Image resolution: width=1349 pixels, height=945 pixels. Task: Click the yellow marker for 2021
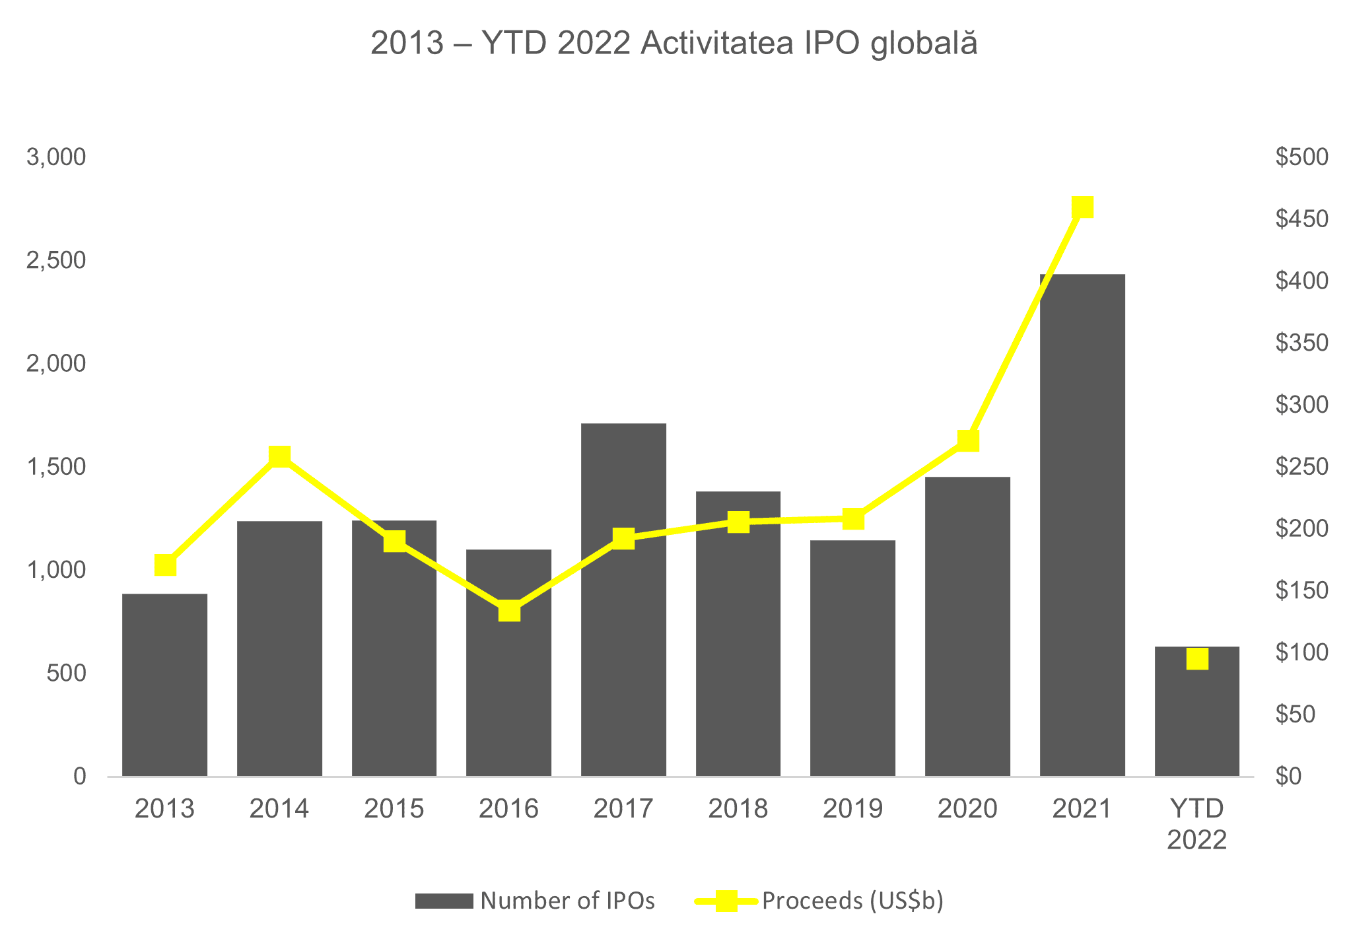click(x=1082, y=207)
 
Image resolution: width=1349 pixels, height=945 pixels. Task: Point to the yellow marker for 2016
click(x=509, y=611)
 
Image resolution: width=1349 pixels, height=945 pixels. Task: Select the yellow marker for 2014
click(x=279, y=456)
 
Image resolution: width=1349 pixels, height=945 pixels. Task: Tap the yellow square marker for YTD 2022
click(x=1196, y=659)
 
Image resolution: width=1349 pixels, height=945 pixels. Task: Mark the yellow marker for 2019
click(x=853, y=518)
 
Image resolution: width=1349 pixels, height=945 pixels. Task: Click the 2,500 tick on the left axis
click(x=56, y=261)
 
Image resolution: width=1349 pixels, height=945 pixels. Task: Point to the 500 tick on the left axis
click(x=66, y=674)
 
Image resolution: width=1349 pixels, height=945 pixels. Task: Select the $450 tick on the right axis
click(x=1301, y=219)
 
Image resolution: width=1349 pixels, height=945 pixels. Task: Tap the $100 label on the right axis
click(x=1301, y=652)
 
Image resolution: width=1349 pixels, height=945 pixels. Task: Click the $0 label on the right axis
click(x=1288, y=777)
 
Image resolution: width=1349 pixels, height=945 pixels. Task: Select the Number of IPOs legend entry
click(x=535, y=901)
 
